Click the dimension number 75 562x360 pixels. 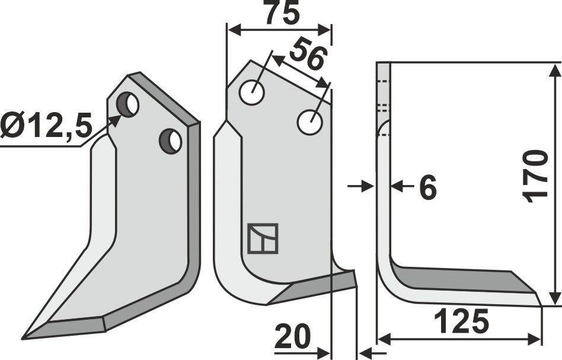click(x=281, y=14)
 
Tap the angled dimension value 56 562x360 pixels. click(x=309, y=57)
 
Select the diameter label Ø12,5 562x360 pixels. click(x=46, y=126)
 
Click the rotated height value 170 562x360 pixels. click(x=537, y=176)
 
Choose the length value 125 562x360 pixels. click(x=461, y=322)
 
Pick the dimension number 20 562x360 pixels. click(x=292, y=339)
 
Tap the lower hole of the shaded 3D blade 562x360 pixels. click(x=171, y=141)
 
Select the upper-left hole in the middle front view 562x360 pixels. click(x=252, y=93)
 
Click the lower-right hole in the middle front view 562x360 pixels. click(x=310, y=122)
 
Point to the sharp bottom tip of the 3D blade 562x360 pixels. click(x=24, y=339)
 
